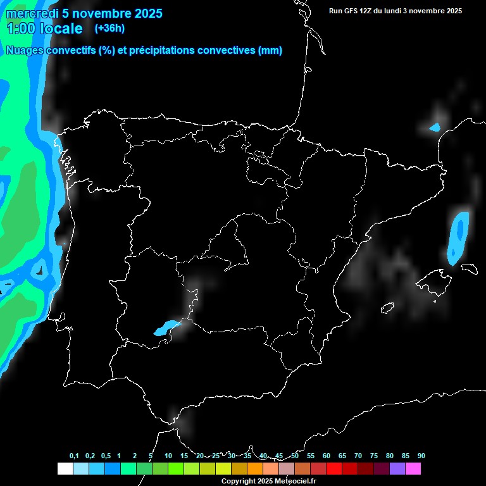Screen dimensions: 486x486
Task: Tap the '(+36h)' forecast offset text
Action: [x=109, y=28]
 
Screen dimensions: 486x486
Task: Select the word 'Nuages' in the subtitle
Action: [x=25, y=51]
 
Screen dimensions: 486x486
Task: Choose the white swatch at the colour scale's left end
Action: [x=65, y=469]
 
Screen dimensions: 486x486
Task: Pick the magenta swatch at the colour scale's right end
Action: [x=413, y=469]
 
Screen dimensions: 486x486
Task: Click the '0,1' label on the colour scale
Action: [x=74, y=456]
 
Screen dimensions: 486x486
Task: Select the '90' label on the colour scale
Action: [x=421, y=456]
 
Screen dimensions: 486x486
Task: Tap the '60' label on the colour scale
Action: [x=327, y=456]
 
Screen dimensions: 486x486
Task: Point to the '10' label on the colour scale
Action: [x=168, y=456]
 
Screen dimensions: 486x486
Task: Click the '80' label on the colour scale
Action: [x=389, y=456]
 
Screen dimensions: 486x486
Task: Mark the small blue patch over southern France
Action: [x=434, y=128]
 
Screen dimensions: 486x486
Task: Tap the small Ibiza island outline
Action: [x=387, y=308]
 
